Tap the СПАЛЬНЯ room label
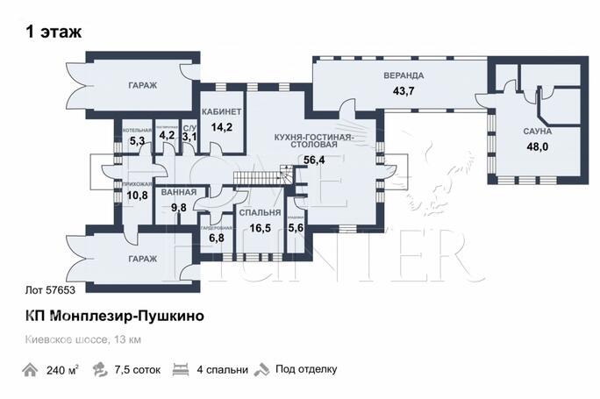click(260, 213)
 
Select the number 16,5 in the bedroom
click(260, 227)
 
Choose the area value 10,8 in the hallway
click(137, 196)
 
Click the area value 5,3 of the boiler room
click(137, 139)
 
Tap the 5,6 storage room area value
click(297, 227)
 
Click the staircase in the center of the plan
click(260, 178)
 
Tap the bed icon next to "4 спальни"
click(182, 369)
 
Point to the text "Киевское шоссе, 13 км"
click(82, 338)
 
